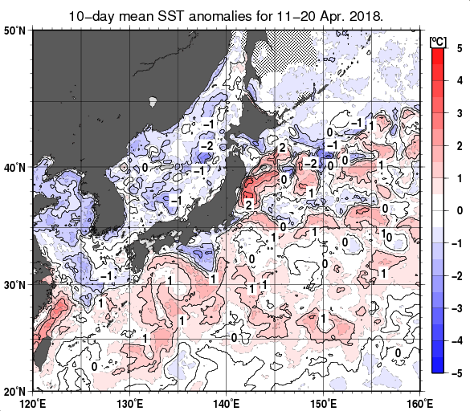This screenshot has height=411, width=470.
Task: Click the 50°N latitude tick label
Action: (x=16, y=31)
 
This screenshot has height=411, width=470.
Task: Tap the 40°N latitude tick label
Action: (x=16, y=168)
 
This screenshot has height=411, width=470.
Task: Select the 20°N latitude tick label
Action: (x=16, y=391)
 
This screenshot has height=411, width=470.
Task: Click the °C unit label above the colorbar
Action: (x=439, y=40)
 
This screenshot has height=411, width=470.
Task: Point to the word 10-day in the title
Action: (x=92, y=15)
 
